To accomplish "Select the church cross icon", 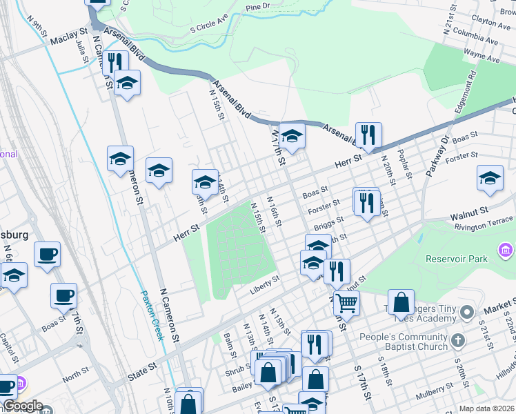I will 459,339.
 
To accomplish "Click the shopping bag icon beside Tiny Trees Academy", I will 401,302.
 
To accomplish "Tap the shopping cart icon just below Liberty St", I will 346,302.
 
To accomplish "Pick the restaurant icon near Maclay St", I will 115,63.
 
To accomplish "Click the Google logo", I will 23,406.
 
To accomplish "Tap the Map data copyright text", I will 486,408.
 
